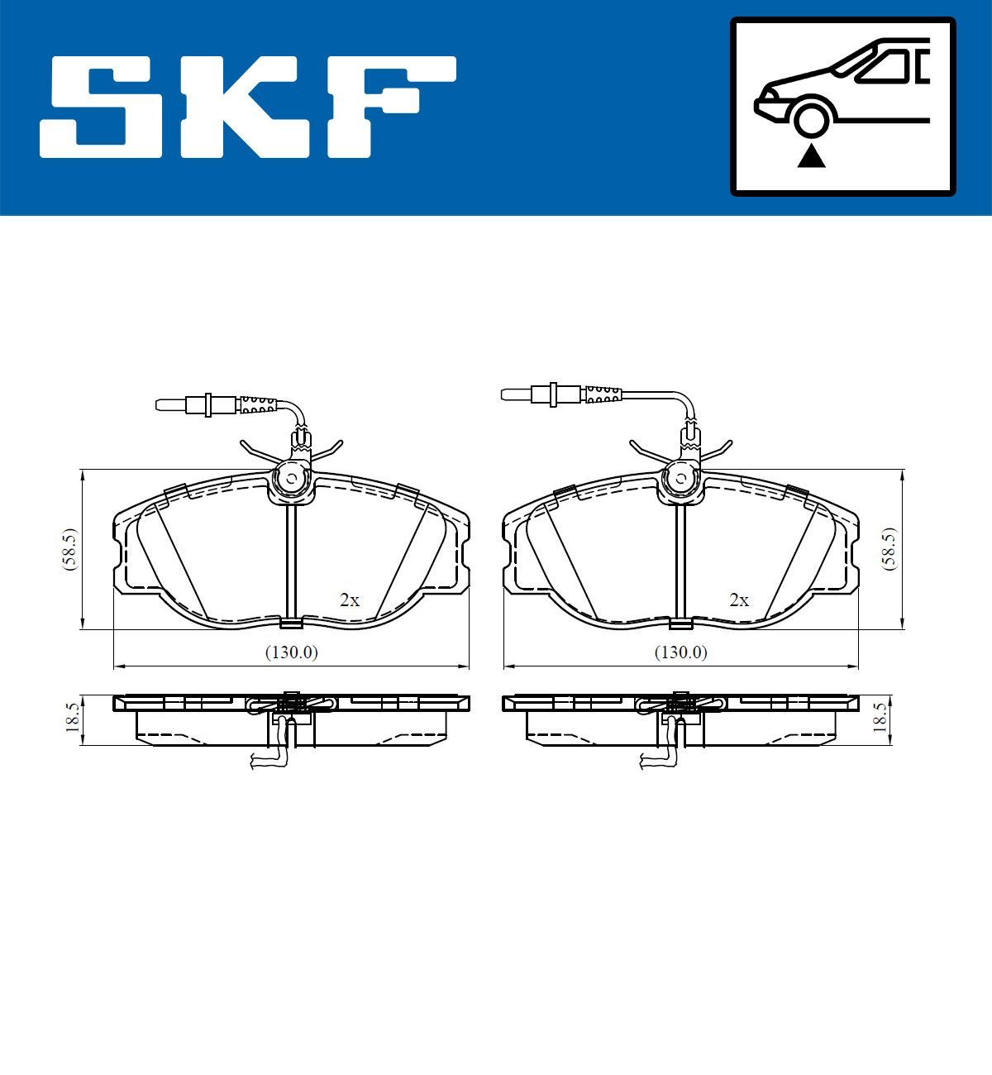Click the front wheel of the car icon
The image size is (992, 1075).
point(811,117)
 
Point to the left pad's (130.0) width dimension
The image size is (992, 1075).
point(291,652)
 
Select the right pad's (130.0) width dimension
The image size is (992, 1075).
point(681,652)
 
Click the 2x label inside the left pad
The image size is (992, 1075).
point(350,600)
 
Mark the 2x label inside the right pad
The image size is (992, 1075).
point(739,600)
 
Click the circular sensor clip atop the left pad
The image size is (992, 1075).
point(291,478)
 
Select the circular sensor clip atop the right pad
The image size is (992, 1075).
point(680,477)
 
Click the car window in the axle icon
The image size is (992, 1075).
point(888,66)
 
